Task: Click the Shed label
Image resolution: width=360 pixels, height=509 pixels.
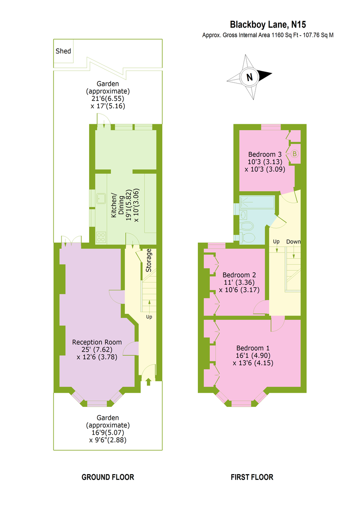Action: point(63,51)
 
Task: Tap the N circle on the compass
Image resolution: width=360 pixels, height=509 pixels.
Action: point(250,77)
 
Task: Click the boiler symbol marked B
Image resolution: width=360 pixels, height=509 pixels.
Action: point(295,154)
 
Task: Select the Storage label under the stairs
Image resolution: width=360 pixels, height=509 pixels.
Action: point(149,260)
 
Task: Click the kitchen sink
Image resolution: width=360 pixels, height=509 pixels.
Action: point(101,199)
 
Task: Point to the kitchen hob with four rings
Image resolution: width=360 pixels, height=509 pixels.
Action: point(101,237)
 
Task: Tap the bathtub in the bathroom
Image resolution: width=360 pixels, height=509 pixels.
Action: point(257,202)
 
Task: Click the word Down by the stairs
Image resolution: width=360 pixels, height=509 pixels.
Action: point(293,241)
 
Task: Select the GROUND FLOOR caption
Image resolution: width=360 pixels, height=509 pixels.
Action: point(108,477)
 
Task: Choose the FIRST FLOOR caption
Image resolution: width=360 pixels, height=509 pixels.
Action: point(252,477)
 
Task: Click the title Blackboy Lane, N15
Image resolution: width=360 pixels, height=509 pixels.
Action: point(268,25)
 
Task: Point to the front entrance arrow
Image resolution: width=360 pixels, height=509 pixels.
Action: point(149,382)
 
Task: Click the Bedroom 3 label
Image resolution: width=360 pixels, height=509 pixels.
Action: point(265,154)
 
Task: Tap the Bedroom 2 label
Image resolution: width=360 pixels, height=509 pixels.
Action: point(239,275)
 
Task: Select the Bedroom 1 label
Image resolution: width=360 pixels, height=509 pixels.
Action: point(253,348)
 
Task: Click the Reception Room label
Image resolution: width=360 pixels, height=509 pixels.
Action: point(97,342)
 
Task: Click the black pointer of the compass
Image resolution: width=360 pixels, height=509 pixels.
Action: point(265,75)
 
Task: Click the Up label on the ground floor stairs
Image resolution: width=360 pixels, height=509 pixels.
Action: point(149,317)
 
